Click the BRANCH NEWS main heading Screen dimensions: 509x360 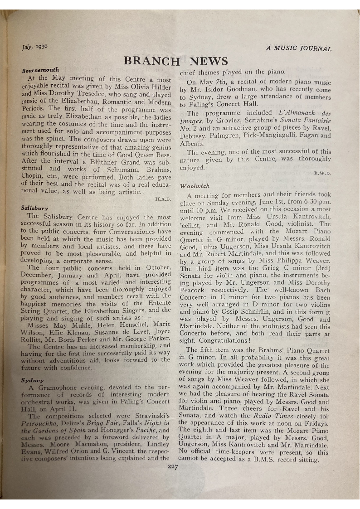click(x=176, y=61)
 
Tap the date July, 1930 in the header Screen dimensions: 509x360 click(x=34, y=47)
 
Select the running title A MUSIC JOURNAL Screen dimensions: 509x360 click(x=299, y=49)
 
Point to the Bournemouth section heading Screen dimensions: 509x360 click(x=40, y=70)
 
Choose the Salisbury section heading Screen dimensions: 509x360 click(x=34, y=208)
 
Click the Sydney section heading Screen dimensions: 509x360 click(x=32, y=381)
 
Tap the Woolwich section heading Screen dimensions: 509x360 click(x=195, y=186)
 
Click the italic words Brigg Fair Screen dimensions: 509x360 click(x=99, y=423)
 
